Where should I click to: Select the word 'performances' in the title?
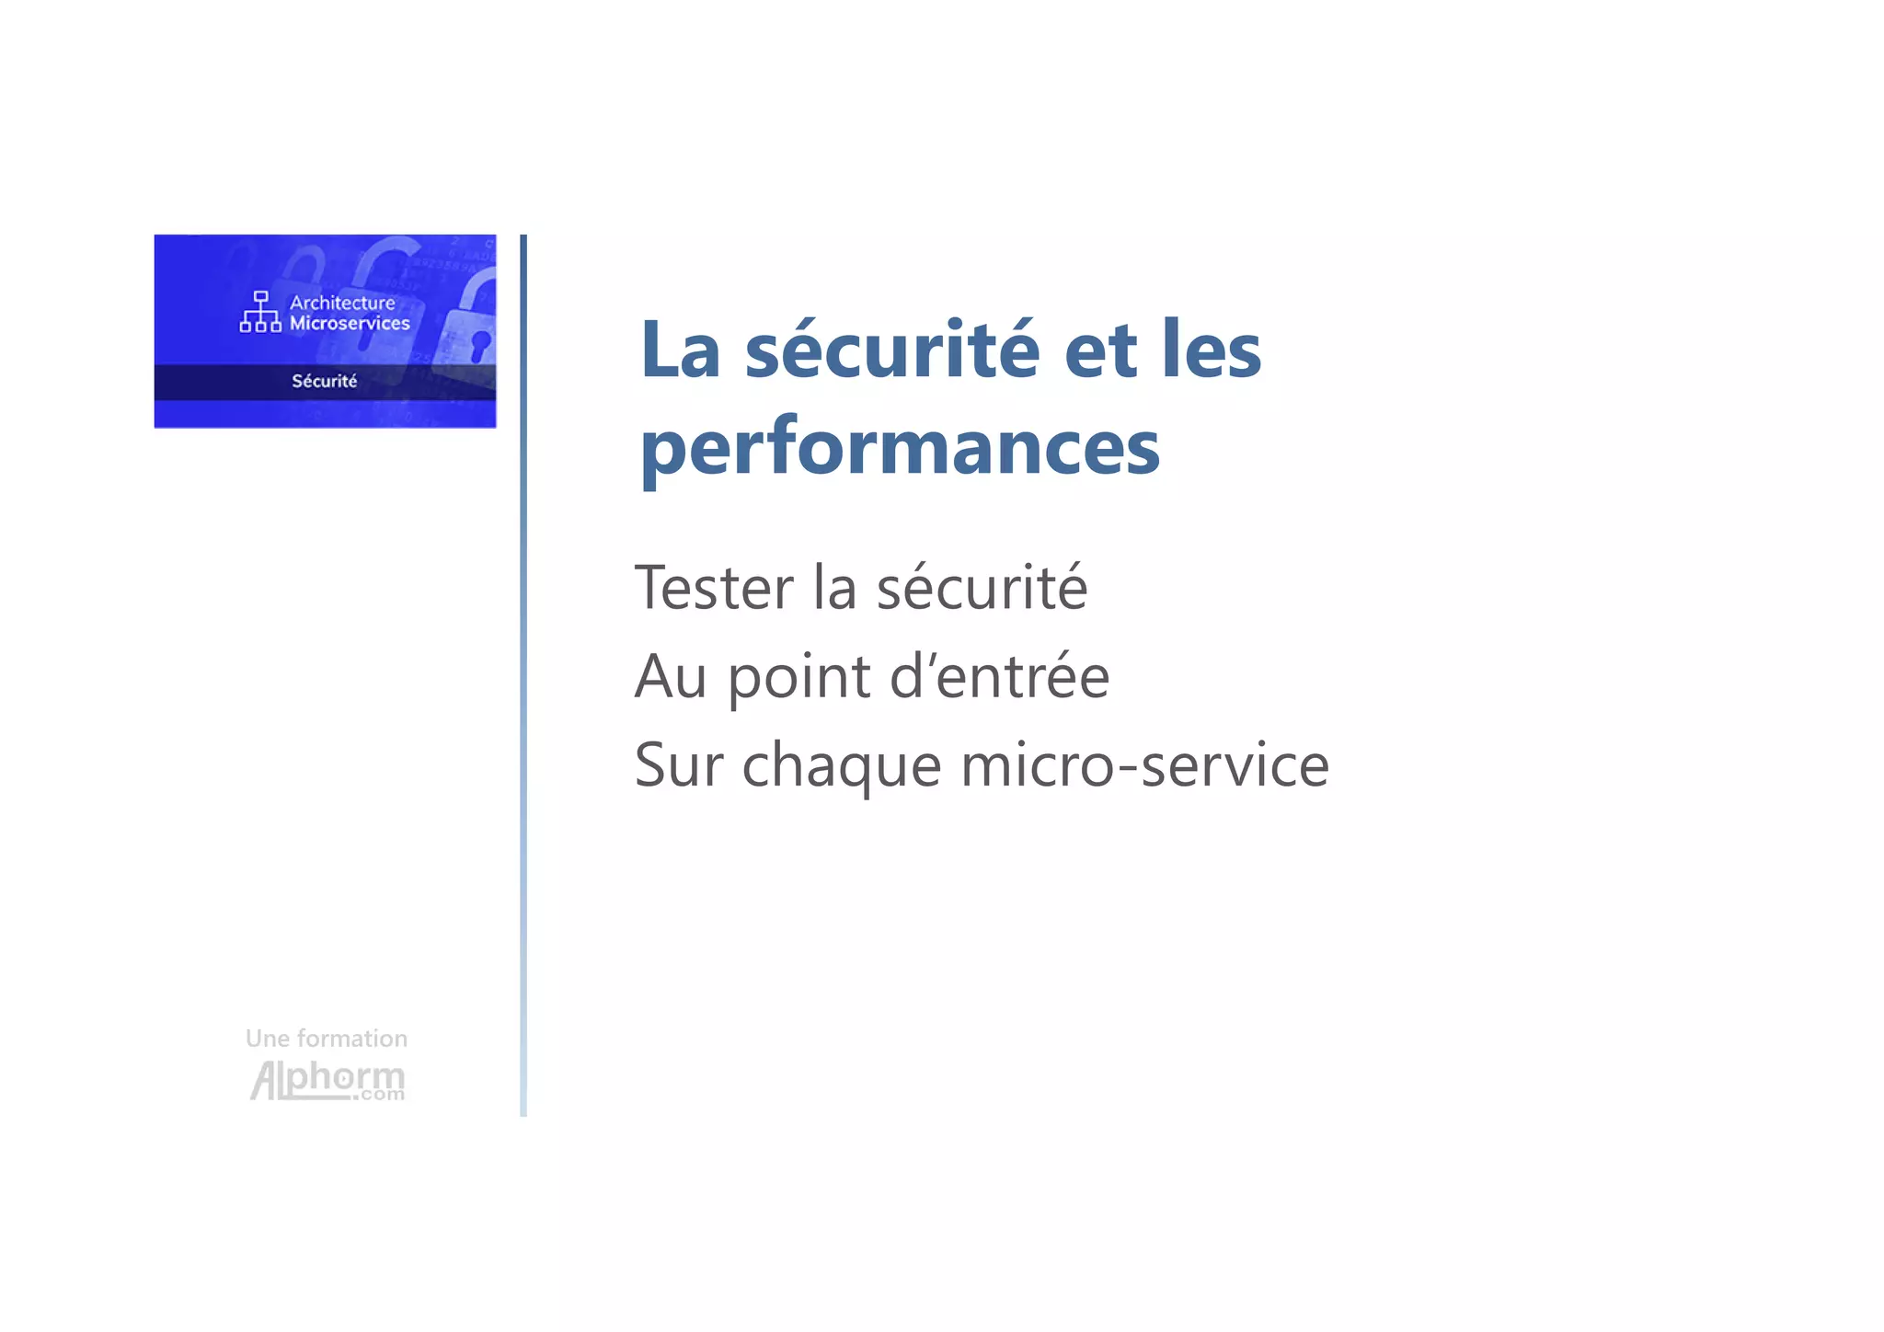[x=900, y=449]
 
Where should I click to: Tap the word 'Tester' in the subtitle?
[x=714, y=588]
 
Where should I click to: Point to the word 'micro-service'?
[x=1144, y=764]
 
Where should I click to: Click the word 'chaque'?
[x=842, y=766]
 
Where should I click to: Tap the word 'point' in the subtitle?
[x=798, y=678]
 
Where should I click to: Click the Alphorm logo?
[x=327, y=1080]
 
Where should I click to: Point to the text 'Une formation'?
[x=327, y=1039]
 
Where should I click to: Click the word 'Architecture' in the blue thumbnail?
[x=342, y=303]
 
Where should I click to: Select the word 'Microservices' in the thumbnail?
[x=350, y=323]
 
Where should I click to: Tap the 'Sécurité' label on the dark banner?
[x=324, y=381]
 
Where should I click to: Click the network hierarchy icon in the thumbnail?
[x=260, y=312]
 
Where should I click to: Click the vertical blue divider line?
[x=523, y=675]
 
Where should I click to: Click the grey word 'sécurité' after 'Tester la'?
[x=982, y=588]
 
